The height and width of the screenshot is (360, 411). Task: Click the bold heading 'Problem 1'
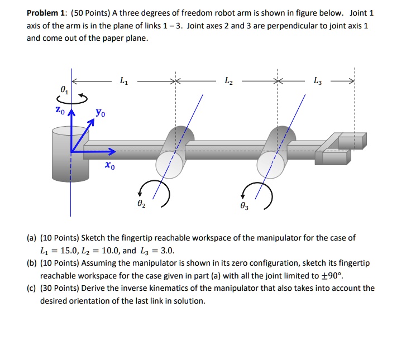click(x=47, y=13)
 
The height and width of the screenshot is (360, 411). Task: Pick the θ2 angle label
click(x=141, y=205)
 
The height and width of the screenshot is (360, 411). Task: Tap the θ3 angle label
click(x=243, y=207)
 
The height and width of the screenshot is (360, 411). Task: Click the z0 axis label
click(x=59, y=112)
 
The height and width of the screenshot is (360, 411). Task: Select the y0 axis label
click(x=99, y=113)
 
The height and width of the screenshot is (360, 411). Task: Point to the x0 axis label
click(x=109, y=166)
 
